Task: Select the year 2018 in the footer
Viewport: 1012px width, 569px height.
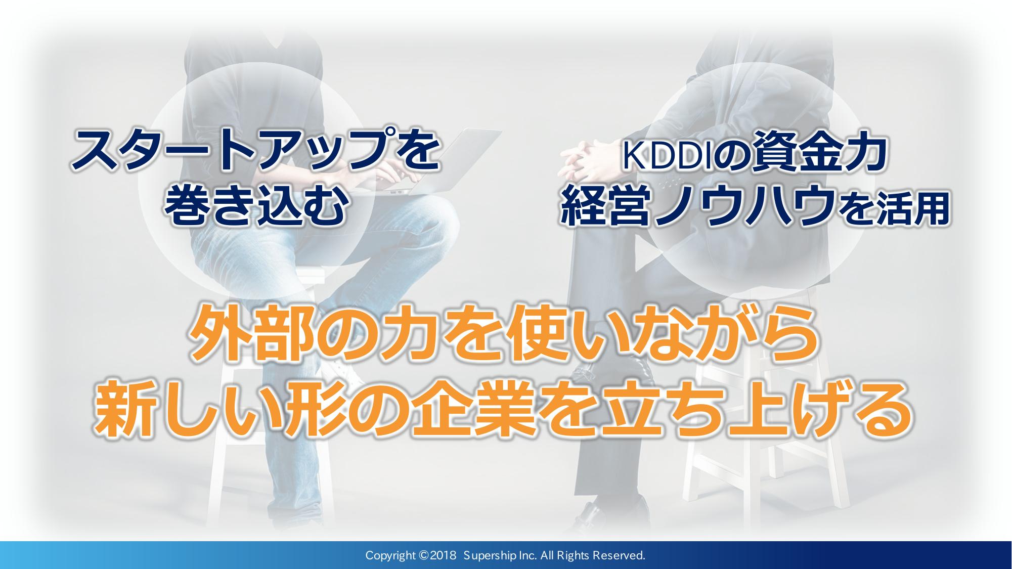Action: coord(445,556)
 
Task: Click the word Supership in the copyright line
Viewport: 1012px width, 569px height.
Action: coord(489,556)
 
